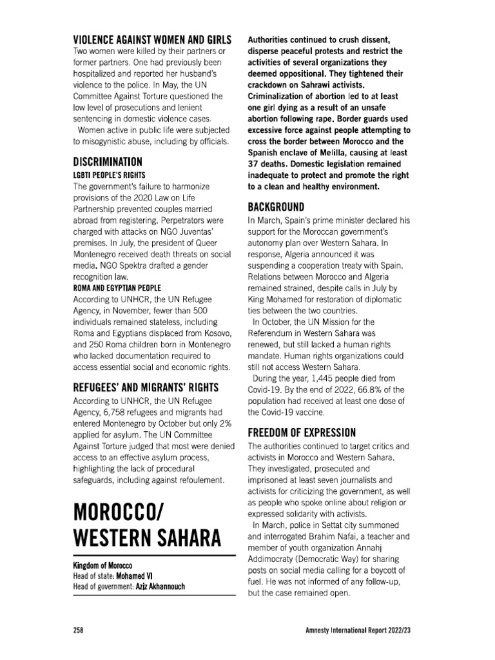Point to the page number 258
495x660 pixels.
pyautogui.click(x=81, y=629)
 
